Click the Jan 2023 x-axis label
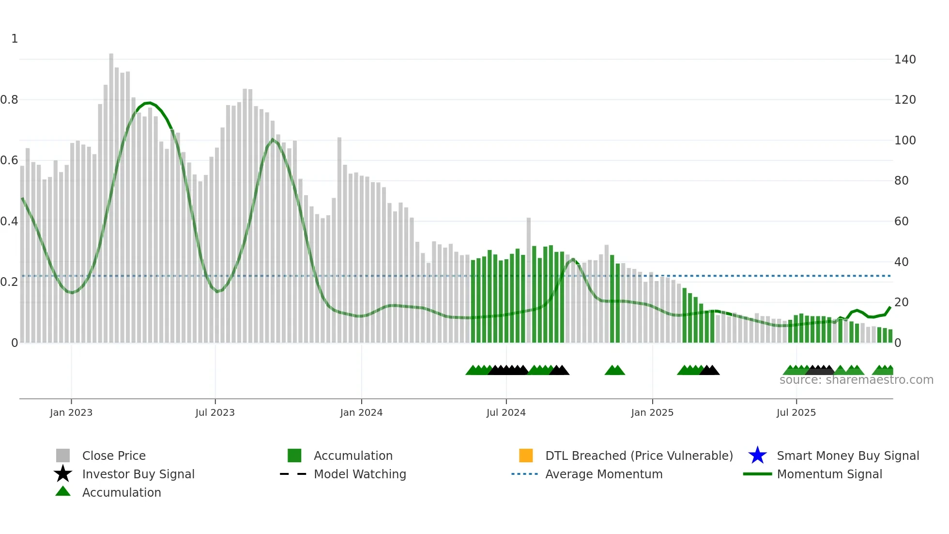[71, 412]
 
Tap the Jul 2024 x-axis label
[506, 412]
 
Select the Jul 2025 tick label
[796, 412]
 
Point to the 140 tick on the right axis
[904, 60]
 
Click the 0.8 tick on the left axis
[9, 100]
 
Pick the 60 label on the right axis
[901, 221]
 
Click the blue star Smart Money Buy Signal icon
[757, 455]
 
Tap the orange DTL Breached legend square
[526, 455]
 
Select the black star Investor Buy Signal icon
[63, 474]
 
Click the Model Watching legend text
[360, 474]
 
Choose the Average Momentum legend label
[604, 474]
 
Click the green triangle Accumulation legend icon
[63, 491]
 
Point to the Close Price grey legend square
[63, 455]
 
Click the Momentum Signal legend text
[829, 474]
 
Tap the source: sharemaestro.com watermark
[856, 380]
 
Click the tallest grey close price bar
[111, 194]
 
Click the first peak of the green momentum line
[149, 103]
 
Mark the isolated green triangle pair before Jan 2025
[614, 370]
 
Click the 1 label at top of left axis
[15, 39]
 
